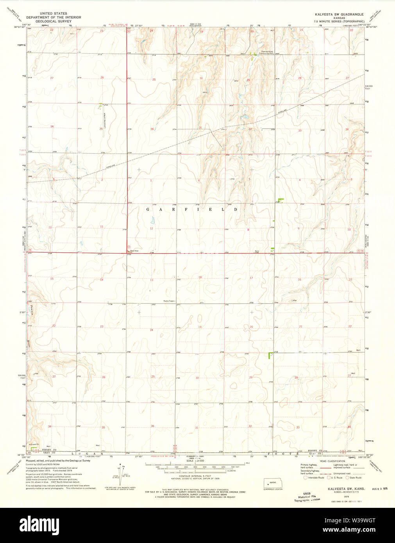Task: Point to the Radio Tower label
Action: point(170,301)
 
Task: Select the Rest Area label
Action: point(134,250)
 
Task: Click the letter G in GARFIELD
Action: point(148,209)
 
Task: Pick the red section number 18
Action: point(200,277)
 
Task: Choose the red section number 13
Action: point(152,280)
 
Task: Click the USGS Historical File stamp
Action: point(307,496)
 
